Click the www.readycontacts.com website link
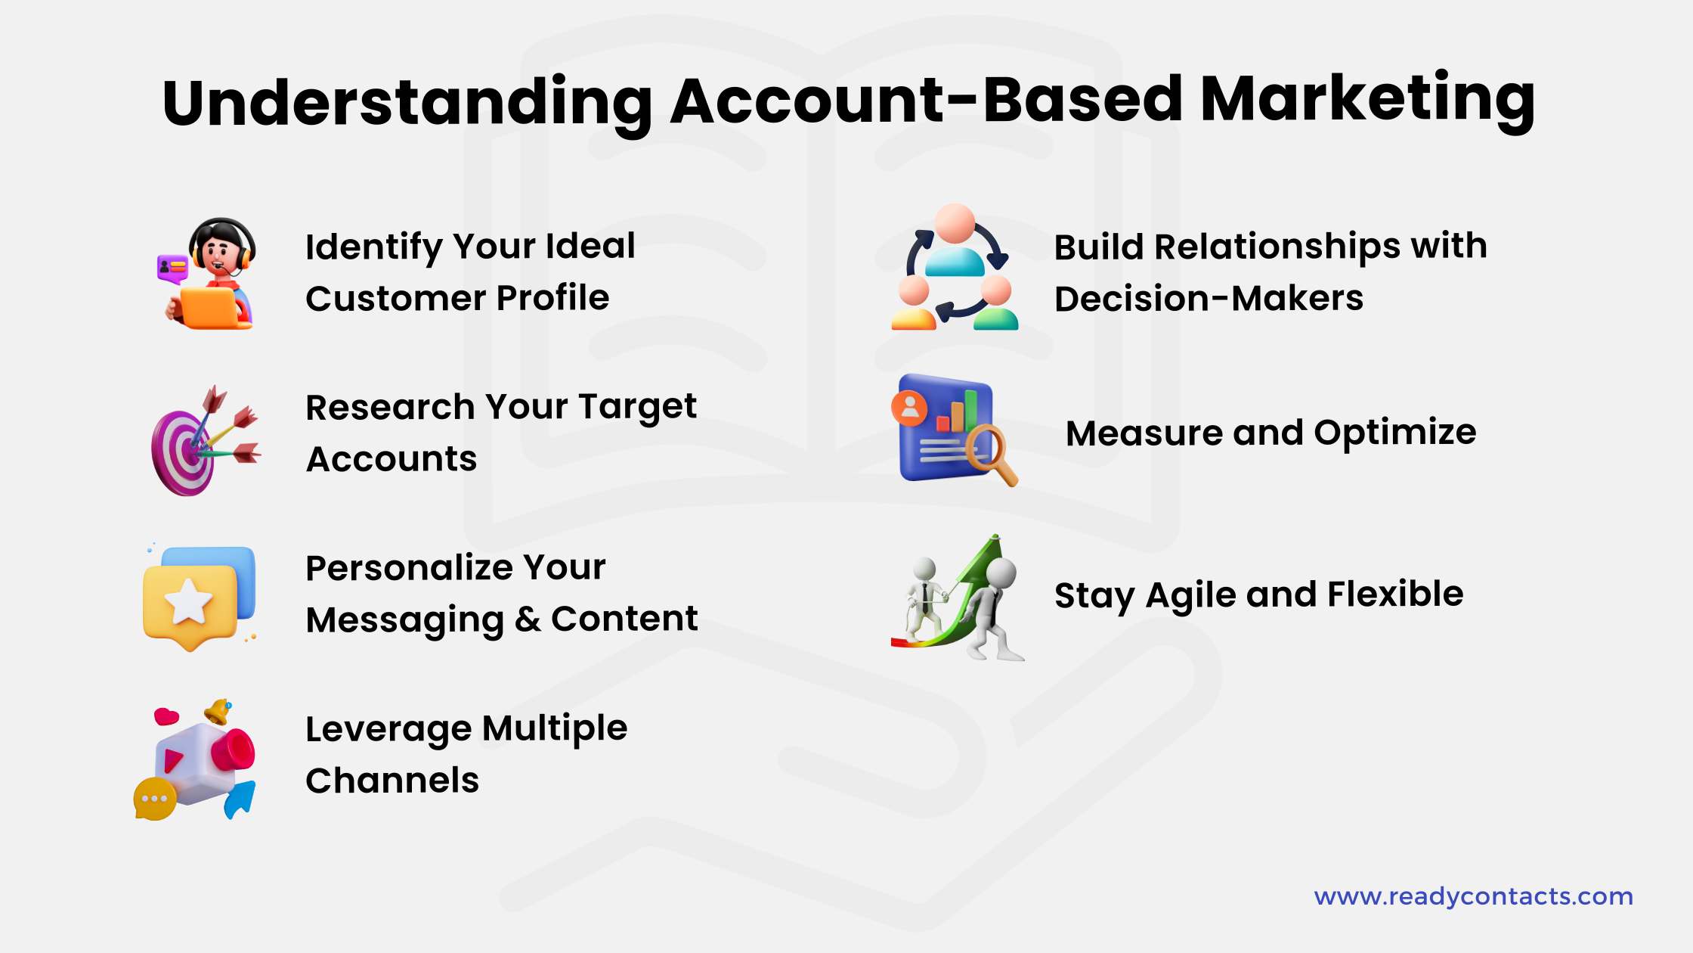[x=1473, y=896]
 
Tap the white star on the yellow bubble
[x=189, y=603]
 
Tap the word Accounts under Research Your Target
[x=391, y=459]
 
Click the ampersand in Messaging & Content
[x=527, y=620]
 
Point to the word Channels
[x=392, y=781]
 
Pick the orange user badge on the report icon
[x=910, y=408]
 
